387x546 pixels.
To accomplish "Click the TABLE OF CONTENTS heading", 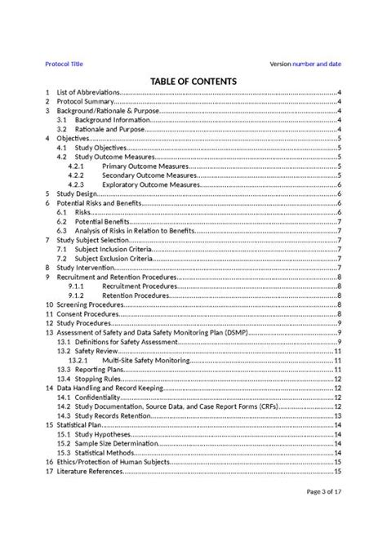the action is click(193, 82).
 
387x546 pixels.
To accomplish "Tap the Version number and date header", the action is click(305, 63).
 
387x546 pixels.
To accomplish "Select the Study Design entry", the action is click(78, 195).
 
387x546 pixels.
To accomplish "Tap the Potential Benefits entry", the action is click(104, 222).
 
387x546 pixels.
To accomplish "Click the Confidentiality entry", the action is click(105, 397).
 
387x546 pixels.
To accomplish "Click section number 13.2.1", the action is click(78, 360).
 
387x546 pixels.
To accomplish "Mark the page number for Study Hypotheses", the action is click(337, 434).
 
